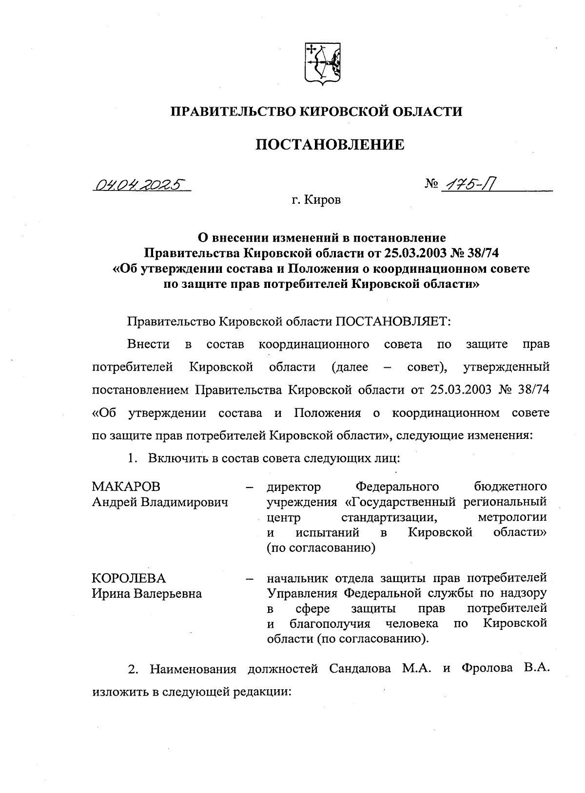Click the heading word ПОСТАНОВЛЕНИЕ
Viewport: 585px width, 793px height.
pos(331,144)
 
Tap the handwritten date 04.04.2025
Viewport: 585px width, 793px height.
pos(140,184)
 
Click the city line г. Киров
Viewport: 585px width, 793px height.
pos(316,200)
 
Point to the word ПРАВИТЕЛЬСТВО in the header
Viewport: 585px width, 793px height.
pos(233,112)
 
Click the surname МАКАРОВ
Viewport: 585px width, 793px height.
pos(126,487)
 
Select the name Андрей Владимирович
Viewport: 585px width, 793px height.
pos(160,502)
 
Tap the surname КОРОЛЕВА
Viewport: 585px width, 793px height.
pos(129,578)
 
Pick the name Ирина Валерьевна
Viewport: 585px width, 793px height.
pos(147,594)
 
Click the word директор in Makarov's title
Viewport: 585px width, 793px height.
pos(294,487)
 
